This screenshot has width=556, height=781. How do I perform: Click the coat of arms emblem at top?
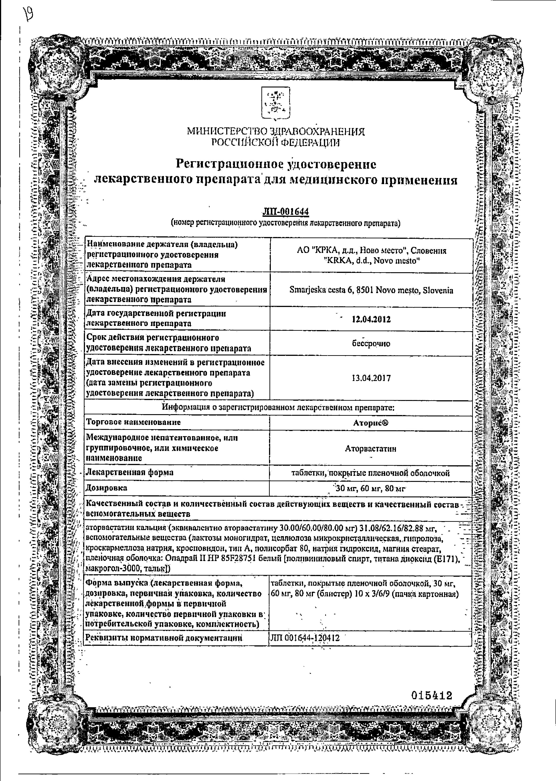(275, 103)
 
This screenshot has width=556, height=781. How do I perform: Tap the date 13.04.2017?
(371, 378)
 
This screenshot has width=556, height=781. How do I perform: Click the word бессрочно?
(371, 344)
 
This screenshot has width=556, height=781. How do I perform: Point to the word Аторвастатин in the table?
(371, 448)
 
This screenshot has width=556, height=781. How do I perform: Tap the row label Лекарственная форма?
(130, 472)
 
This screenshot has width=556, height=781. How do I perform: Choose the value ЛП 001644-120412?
(305, 638)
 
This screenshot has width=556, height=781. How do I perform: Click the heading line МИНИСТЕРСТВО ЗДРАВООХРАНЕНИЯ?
(276, 131)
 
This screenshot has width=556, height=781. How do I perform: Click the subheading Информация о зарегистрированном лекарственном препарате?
(278, 408)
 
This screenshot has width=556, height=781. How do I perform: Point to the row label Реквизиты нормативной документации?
(164, 638)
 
